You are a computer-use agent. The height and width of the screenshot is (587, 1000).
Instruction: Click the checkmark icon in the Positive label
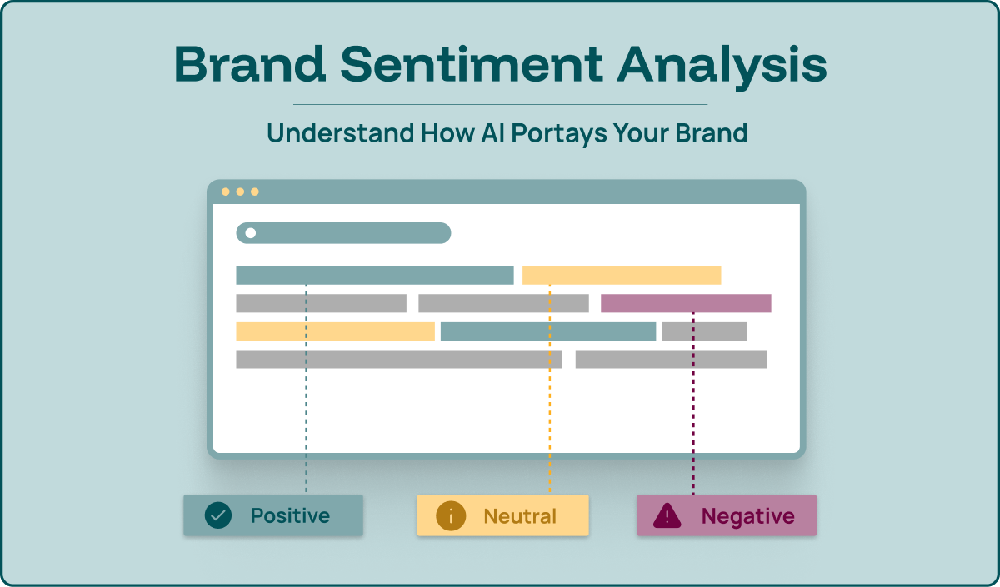click(218, 515)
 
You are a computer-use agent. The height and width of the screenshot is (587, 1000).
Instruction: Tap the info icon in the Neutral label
click(451, 515)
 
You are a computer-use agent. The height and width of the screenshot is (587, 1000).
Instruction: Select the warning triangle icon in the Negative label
click(667, 516)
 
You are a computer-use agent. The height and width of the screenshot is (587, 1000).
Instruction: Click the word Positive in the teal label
click(290, 515)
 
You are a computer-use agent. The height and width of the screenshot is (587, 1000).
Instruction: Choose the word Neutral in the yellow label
click(520, 515)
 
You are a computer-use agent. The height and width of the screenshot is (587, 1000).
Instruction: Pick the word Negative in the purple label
click(747, 516)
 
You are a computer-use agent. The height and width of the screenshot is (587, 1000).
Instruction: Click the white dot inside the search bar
click(250, 233)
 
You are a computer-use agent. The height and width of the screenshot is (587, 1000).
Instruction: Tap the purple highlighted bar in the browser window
click(686, 303)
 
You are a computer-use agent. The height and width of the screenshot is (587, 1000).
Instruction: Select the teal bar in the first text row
click(374, 276)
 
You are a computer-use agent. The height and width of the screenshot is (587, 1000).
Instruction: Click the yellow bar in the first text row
click(621, 276)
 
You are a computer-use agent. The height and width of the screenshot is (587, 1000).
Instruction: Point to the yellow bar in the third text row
click(335, 331)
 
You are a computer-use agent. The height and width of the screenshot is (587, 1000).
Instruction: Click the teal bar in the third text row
click(547, 331)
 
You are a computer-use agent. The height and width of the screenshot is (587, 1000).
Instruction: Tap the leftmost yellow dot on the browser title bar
click(225, 192)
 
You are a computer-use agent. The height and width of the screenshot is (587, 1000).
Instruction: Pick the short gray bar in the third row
click(703, 331)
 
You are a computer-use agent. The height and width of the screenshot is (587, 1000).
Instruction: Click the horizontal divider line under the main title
click(500, 105)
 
